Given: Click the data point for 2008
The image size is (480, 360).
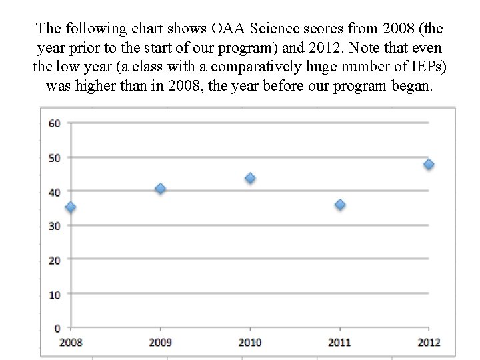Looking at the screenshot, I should pos(71,207).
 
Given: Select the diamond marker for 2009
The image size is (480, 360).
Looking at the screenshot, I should pos(160,189).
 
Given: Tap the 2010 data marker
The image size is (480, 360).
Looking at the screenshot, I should pos(250,178).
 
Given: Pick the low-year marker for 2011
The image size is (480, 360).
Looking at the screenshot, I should pos(340,205).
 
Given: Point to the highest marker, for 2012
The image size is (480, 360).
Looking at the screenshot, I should pos(429,164).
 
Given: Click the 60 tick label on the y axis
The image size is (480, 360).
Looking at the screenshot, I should pos(55,123).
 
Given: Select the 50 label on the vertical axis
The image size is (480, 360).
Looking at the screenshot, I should pos(55,157).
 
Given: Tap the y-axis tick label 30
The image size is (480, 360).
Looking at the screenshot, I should pos(55,226).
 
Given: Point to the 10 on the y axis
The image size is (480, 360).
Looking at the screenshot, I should pos(55,294).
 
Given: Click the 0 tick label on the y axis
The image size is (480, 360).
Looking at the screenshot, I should pos(57,328).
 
